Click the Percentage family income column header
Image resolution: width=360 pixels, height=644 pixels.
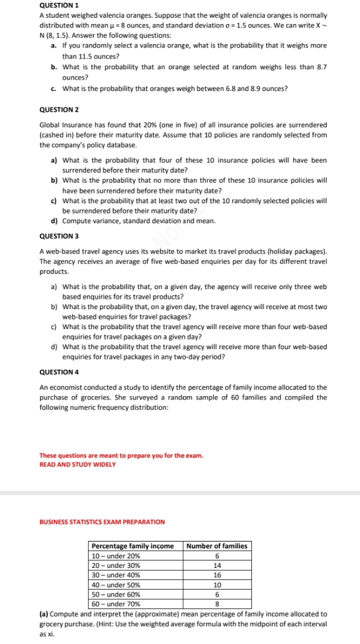[x=133, y=546]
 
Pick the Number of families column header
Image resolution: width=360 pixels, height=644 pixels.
[x=217, y=546]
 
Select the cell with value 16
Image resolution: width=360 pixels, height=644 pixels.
[x=217, y=575]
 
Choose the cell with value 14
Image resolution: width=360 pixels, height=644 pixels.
[x=217, y=566]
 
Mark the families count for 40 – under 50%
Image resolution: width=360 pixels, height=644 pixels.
[x=217, y=584]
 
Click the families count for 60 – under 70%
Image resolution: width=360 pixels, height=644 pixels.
[x=217, y=603]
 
